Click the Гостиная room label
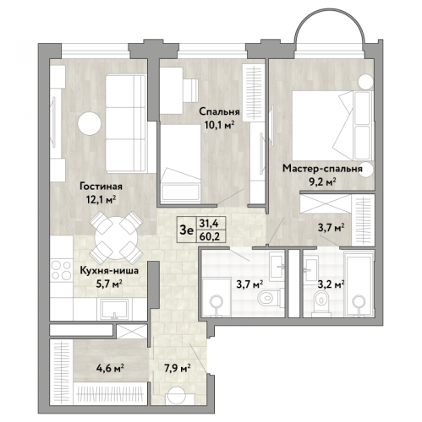(101, 187)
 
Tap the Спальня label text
(219, 111)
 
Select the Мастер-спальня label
(322, 169)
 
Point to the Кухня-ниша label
(109, 271)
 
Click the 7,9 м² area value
(177, 368)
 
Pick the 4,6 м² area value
(111, 368)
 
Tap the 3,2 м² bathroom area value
(331, 284)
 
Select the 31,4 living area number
(209, 223)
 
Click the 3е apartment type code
(187, 230)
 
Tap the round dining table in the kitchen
(116, 238)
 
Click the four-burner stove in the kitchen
(62, 270)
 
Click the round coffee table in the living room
(90, 123)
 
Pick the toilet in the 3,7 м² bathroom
(269, 297)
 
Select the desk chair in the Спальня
(191, 90)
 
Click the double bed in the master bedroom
(332, 126)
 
